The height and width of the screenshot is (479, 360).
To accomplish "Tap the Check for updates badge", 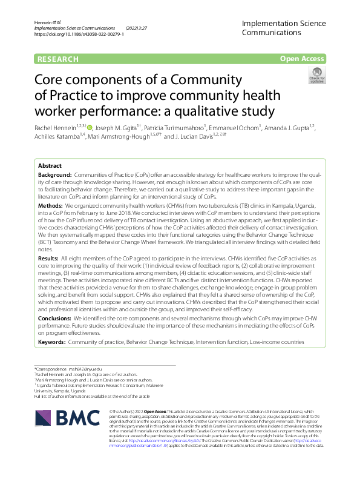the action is coord(317,76).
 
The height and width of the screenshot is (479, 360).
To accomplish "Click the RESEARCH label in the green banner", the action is coord(58,59).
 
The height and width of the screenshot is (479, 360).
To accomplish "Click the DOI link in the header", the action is coord(79,35).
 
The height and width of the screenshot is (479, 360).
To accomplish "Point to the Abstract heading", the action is coord(50,165).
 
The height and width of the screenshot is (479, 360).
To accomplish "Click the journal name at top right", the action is coord(283,28).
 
